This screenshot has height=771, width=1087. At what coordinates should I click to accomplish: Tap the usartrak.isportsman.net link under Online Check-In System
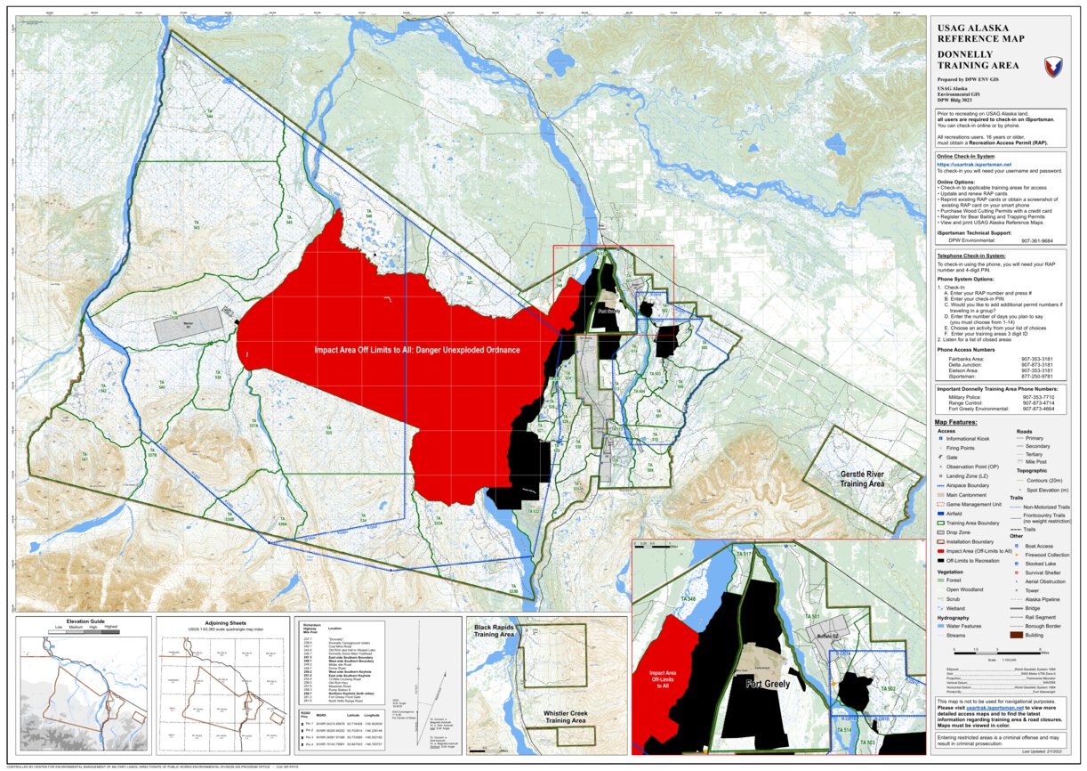pyautogui.click(x=973, y=164)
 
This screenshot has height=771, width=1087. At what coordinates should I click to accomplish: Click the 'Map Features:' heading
pyautogui.click(x=955, y=422)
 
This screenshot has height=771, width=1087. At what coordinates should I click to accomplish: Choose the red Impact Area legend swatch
pyautogui.click(x=940, y=551)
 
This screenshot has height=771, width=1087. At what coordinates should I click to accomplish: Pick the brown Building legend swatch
pyautogui.click(x=1019, y=636)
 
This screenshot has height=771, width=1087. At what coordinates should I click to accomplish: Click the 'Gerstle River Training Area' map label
pyautogui.click(x=863, y=479)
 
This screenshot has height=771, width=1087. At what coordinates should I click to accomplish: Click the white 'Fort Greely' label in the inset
pyautogui.click(x=767, y=684)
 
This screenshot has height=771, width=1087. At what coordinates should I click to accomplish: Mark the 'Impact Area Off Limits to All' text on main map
pyautogui.click(x=417, y=350)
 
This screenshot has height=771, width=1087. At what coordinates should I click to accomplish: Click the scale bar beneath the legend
pyautogui.click(x=995, y=654)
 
